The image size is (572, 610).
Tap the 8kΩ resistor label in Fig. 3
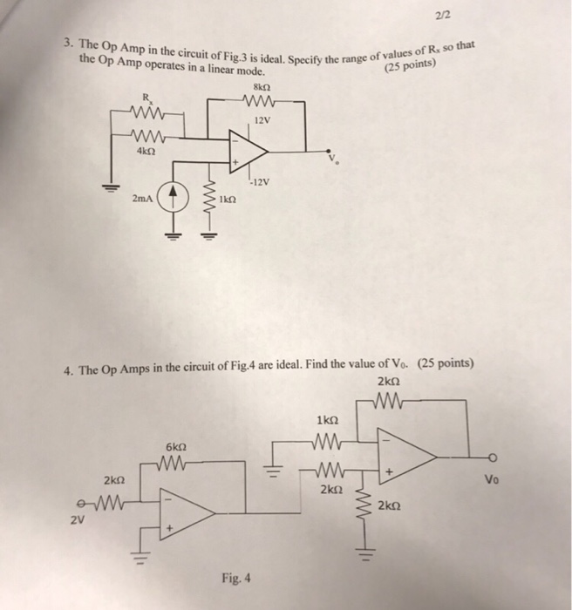pyautogui.click(x=260, y=86)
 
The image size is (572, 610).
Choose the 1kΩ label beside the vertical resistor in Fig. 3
pyautogui.click(x=230, y=200)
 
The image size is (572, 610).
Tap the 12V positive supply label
pyautogui.click(x=261, y=119)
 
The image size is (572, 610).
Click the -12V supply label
pyautogui.click(x=260, y=182)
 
